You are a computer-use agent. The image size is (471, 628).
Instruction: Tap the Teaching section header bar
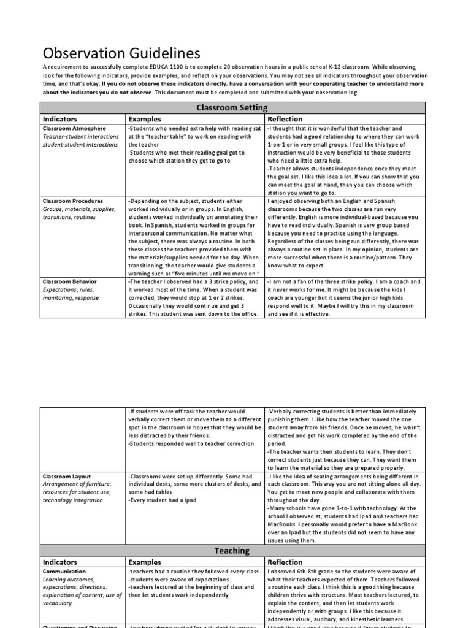232,551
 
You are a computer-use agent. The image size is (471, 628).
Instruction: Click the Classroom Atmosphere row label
74,129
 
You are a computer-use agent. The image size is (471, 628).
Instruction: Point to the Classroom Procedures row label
72,201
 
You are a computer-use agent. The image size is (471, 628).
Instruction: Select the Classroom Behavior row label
69,282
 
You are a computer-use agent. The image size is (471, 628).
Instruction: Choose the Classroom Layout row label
66,476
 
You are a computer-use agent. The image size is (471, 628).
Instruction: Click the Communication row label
64,572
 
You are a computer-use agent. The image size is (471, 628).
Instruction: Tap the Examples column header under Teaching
144,562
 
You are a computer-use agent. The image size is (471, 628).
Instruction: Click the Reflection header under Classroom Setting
285,119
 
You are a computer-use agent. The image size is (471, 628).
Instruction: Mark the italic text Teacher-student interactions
80,137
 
